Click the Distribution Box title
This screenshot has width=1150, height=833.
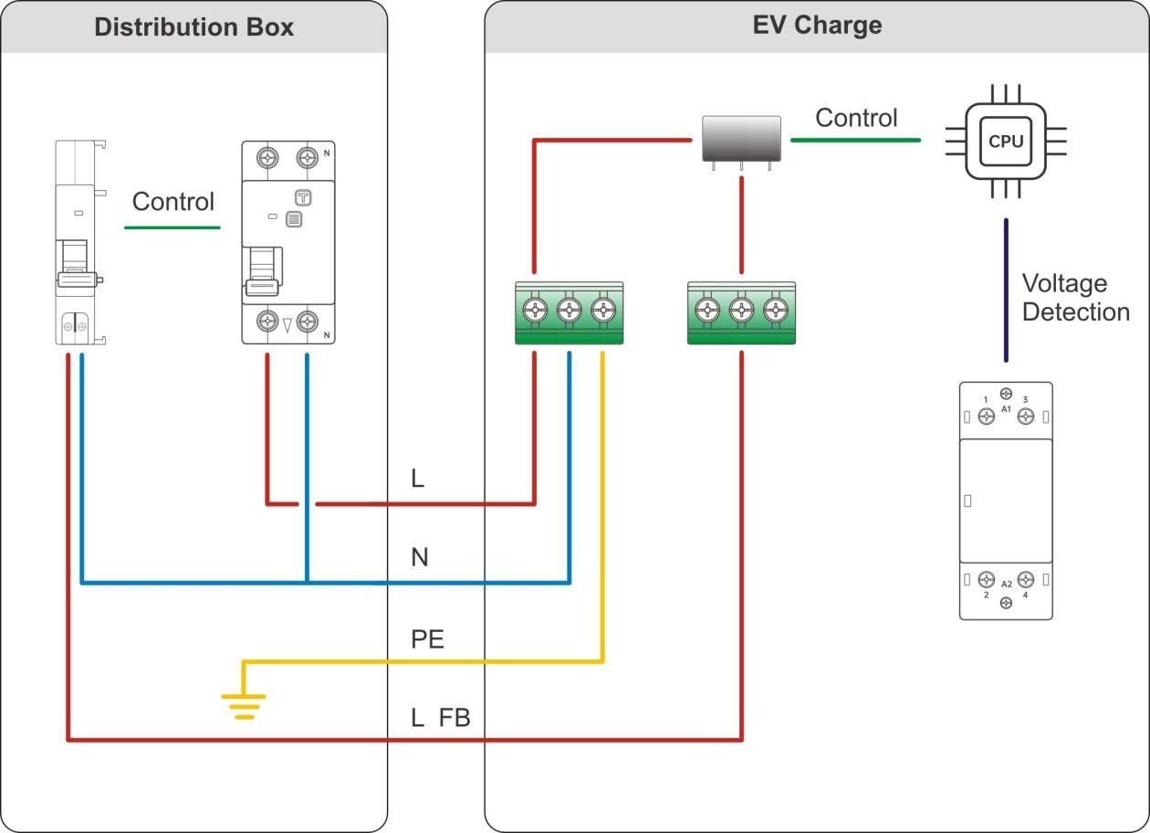pos(193,26)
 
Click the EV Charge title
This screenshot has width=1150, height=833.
pos(817,25)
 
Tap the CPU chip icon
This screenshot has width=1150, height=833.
pos(1006,142)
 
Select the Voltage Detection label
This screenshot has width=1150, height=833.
pos(1075,298)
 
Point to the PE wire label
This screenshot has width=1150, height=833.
pos(427,639)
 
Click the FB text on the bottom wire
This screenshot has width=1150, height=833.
pos(455,718)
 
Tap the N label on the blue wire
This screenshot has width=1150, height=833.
pos(419,557)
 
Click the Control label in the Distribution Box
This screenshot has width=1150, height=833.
pos(173,202)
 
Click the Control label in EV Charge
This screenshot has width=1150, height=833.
pos(856,118)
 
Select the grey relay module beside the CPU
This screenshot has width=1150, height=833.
pos(741,139)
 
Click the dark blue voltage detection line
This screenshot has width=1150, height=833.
pos(1006,290)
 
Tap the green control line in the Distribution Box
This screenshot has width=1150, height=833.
pos(172,227)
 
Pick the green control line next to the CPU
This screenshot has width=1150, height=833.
pos(855,140)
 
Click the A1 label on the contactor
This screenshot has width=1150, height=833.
pos(1006,410)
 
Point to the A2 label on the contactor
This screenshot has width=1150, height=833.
pos(1006,584)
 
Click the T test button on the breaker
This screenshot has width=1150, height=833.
pos(303,197)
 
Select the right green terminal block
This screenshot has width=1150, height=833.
pos(740,313)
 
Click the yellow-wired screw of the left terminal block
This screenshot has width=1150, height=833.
pos(602,310)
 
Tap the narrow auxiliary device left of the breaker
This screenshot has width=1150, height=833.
pos(78,243)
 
